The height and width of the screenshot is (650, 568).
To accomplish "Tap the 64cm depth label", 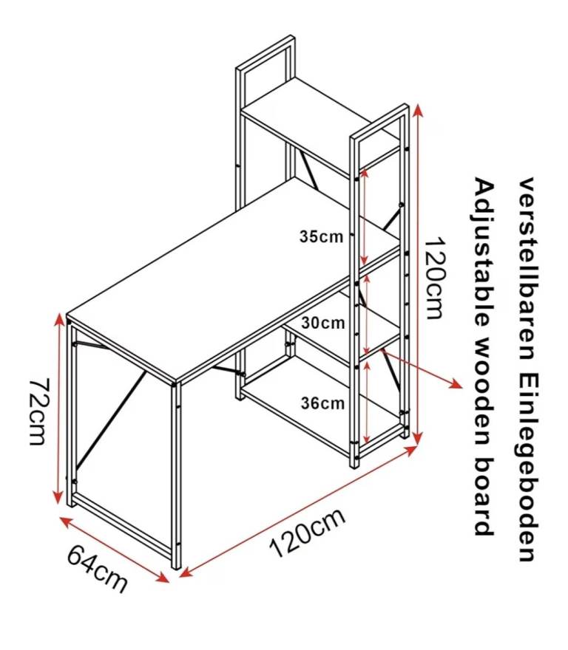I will tap(97, 568).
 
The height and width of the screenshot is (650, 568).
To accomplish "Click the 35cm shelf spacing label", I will tap(322, 237).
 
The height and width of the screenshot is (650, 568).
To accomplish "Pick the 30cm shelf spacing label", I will tap(323, 323).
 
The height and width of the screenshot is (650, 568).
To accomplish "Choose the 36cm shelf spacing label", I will tap(323, 403).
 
